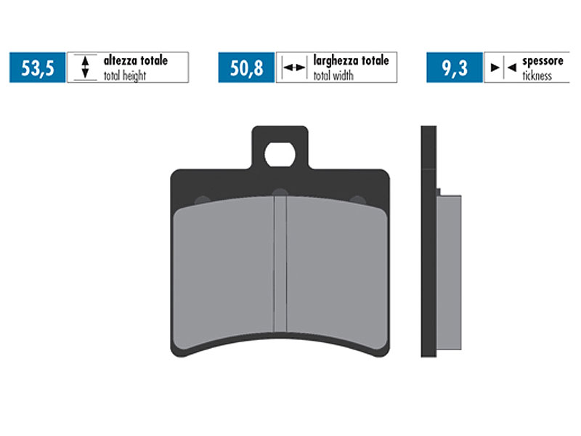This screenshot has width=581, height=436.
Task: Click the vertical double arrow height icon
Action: click(85, 68)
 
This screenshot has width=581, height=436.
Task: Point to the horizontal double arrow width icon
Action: click(293, 68)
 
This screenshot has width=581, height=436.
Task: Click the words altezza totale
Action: click(135, 61)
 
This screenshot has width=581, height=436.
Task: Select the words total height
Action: click(125, 76)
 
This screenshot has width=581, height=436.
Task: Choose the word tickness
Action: click(537, 76)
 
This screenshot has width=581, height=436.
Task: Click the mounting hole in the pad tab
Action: click(279, 154)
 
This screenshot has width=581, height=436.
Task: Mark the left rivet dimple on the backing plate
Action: click(203, 200)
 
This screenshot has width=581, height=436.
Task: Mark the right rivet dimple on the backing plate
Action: click(357, 200)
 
